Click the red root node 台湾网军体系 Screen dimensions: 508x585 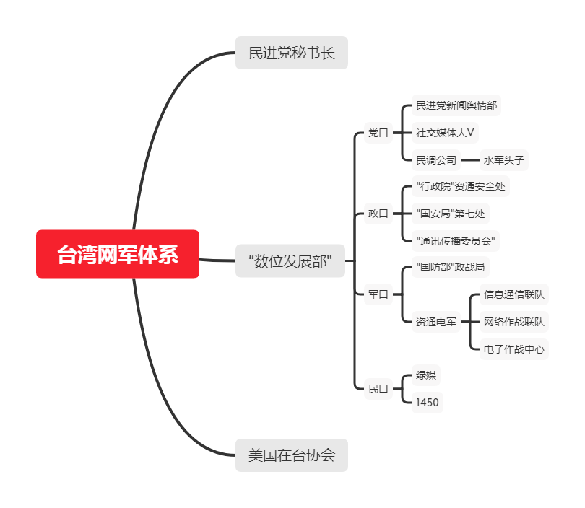pos(118,254)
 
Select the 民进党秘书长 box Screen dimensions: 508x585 pos(292,53)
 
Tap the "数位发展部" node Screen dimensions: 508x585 pos(291,260)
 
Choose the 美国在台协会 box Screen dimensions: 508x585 pos(292,455)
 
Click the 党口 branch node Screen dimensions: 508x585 pos(378,133)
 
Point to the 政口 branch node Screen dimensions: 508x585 pos(378,214)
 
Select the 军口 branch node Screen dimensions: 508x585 pos(378,294)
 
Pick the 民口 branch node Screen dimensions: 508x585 pos(378,389)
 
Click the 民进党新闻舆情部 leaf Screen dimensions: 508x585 pos(456,106)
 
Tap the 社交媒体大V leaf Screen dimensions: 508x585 pos(445,133)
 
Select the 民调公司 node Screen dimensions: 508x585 pos(436,160)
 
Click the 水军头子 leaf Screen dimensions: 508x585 pos(503,160)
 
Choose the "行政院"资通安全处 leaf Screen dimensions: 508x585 pos(461,187)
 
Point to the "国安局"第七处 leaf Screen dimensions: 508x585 pos(451,214)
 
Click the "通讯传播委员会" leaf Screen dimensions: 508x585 pos(455,240)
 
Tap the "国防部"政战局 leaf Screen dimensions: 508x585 pos(450,268)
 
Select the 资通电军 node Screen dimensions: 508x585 pos(436,322)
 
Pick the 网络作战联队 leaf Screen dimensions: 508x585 pos(513,322)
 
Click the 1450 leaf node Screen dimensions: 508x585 pos(427,403)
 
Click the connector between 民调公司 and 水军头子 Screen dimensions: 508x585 pos(469,160)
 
